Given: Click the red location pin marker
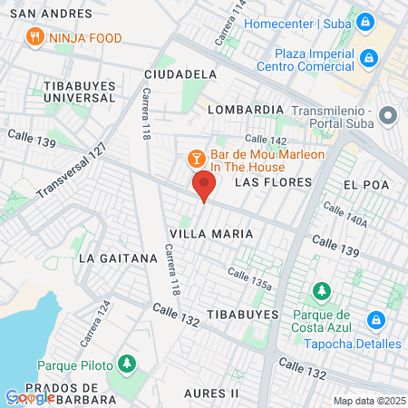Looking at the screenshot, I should tap(204, 188).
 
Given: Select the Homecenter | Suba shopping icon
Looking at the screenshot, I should tap(364, 20).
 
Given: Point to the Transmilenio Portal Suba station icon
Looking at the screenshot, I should tap(389, 116).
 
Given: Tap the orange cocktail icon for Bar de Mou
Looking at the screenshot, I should tap(196, 159).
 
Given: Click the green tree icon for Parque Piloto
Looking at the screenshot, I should tap(127, 364).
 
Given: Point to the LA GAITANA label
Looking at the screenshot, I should tap(118, 257).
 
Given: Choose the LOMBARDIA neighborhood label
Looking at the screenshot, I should tap(246, 109).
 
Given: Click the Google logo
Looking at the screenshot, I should tap(29, 396).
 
